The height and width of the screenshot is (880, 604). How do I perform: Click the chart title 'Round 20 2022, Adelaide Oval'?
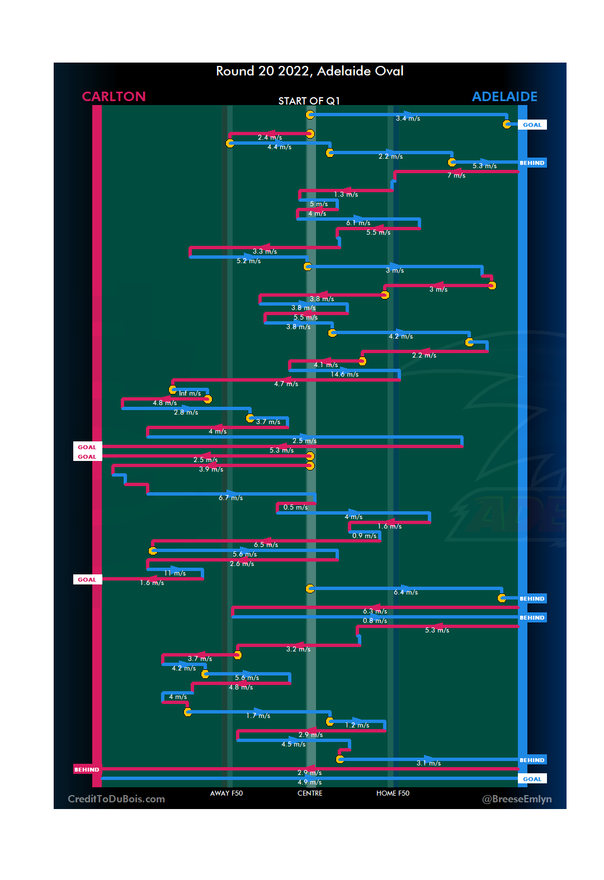click(x=310, y=72)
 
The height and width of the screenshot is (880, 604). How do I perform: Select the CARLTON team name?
click(x=114, y=97)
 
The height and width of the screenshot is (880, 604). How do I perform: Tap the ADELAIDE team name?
click(x=504, y=97)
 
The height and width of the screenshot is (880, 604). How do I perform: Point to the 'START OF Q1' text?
click(x=309, y=101)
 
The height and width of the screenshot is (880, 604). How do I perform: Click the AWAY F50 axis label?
click(x=226, y=793)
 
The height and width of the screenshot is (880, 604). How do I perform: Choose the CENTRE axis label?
click(x=310, y=793)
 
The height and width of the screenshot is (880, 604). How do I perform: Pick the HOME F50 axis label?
click(x=393, y=793)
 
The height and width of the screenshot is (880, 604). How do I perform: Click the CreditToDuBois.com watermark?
click(x=116, y=799)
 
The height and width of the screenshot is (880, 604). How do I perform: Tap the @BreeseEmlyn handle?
click(x=517, y=799)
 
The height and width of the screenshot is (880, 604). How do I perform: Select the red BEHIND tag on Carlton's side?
click(x=87, y=770)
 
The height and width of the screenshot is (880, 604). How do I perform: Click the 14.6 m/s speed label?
click(x=345, y=374)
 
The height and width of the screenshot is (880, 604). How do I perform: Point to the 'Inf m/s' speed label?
click(x=190, y=393)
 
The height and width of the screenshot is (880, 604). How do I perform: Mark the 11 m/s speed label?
click(x=175, y=573)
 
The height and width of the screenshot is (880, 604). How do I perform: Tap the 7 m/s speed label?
click(x=456, y=175)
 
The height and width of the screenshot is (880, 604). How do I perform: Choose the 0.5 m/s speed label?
click(x=295, y=507)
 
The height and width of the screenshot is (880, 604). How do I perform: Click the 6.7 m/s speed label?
click(x=231, y=498)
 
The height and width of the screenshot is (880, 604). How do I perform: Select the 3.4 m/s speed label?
click(x=408, y=118)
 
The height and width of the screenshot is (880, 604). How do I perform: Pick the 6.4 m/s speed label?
click(x=405, y=592)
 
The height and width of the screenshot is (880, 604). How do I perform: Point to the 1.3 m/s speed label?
click(x=346, y=194)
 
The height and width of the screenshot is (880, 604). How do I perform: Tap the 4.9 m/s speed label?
click(x=310, y=782)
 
